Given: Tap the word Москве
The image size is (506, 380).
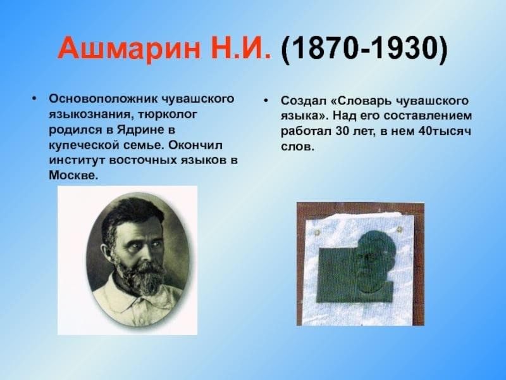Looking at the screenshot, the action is click(x=73, y=175).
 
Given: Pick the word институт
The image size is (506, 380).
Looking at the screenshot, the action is click(x=77, y=161).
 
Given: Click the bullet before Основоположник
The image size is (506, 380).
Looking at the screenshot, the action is click(x=34, y=98).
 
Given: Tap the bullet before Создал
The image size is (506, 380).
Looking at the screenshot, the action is click(x=266, y=101).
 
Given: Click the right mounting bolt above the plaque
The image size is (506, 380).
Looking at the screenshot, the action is click(x=399, y=230).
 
